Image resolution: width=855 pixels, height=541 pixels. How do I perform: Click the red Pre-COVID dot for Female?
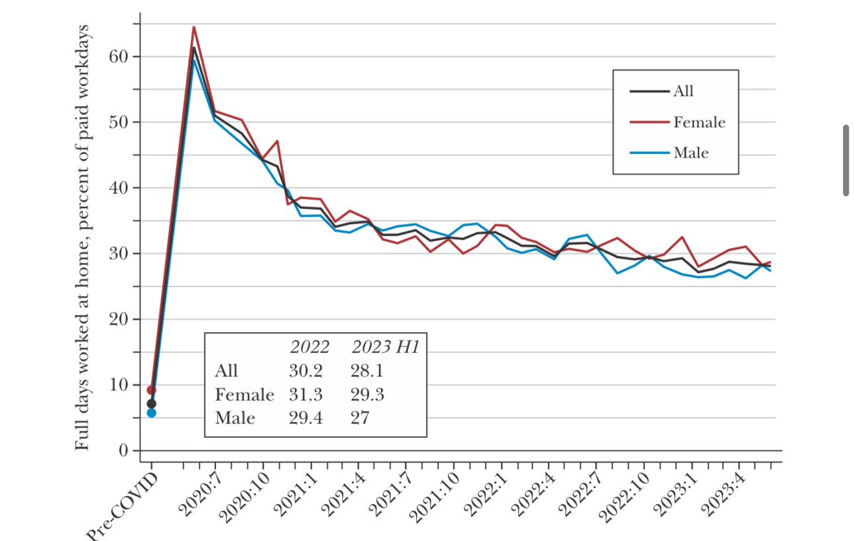pyautogui.click(x=151, y=390)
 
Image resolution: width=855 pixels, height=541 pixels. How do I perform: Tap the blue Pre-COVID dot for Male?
pyautogui.click(x=151, y=413)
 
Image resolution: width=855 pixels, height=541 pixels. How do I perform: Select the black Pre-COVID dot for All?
pyautogui.click(x=151, y=403)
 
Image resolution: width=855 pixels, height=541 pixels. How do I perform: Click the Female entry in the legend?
pyautogui.click(x=699, y=123)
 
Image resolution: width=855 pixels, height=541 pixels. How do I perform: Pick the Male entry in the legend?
pyautogui.click(x=690, y=153)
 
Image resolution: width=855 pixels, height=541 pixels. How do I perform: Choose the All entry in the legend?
pyautogui.click(x=683, y=91)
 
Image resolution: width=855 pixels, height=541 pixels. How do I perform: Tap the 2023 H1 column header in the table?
pyautogui.click(x=383, y=348)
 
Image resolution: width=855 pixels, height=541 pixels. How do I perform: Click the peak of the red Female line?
pyautogui.click(x=194, y=27)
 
